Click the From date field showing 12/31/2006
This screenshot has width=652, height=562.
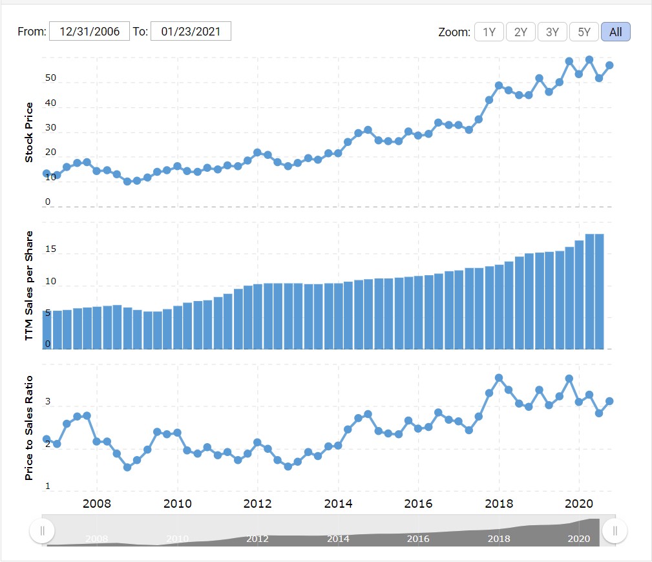tap(89, 32)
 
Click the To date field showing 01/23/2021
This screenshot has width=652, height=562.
tap(191, 32)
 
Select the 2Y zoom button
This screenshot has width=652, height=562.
tap(520, 32)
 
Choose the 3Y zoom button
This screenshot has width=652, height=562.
tap(552, 32)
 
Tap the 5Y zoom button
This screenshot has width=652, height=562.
tap(584, 32)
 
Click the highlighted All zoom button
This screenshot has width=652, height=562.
tap(615, 32)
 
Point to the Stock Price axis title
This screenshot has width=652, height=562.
tap(29, 132)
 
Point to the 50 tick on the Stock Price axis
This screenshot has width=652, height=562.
tap(50, 79)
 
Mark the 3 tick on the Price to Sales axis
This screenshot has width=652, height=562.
tap(47, 402)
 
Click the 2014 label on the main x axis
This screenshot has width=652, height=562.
tap(338, 503)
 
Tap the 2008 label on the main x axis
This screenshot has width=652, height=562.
tap(97, 503)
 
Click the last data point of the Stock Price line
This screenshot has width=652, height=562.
tap(609, 65)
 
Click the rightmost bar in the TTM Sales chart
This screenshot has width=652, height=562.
tap(599, 291)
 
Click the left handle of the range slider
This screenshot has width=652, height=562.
tap(43, 531)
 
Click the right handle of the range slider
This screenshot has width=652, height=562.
tap(615, 531)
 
